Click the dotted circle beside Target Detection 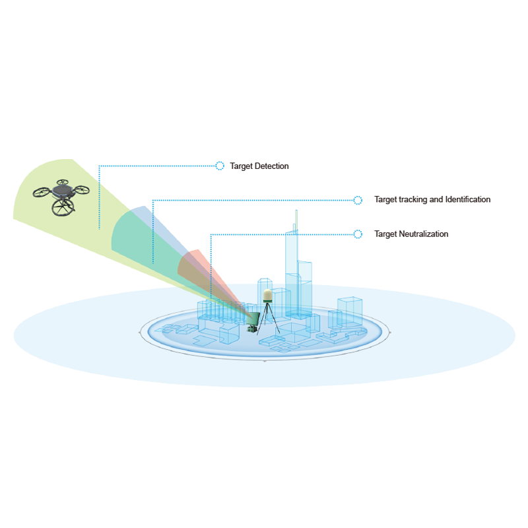(x=220, y=166)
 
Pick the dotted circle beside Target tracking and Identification (x=358, y=200)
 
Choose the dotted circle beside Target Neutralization (x=358, y=234)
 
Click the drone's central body (x=61, y=191)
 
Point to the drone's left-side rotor (x=42, y=193)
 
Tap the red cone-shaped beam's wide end (x=189, y=265)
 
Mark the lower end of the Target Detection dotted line (x=99, y=228)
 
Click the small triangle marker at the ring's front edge (x=265, y=361)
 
